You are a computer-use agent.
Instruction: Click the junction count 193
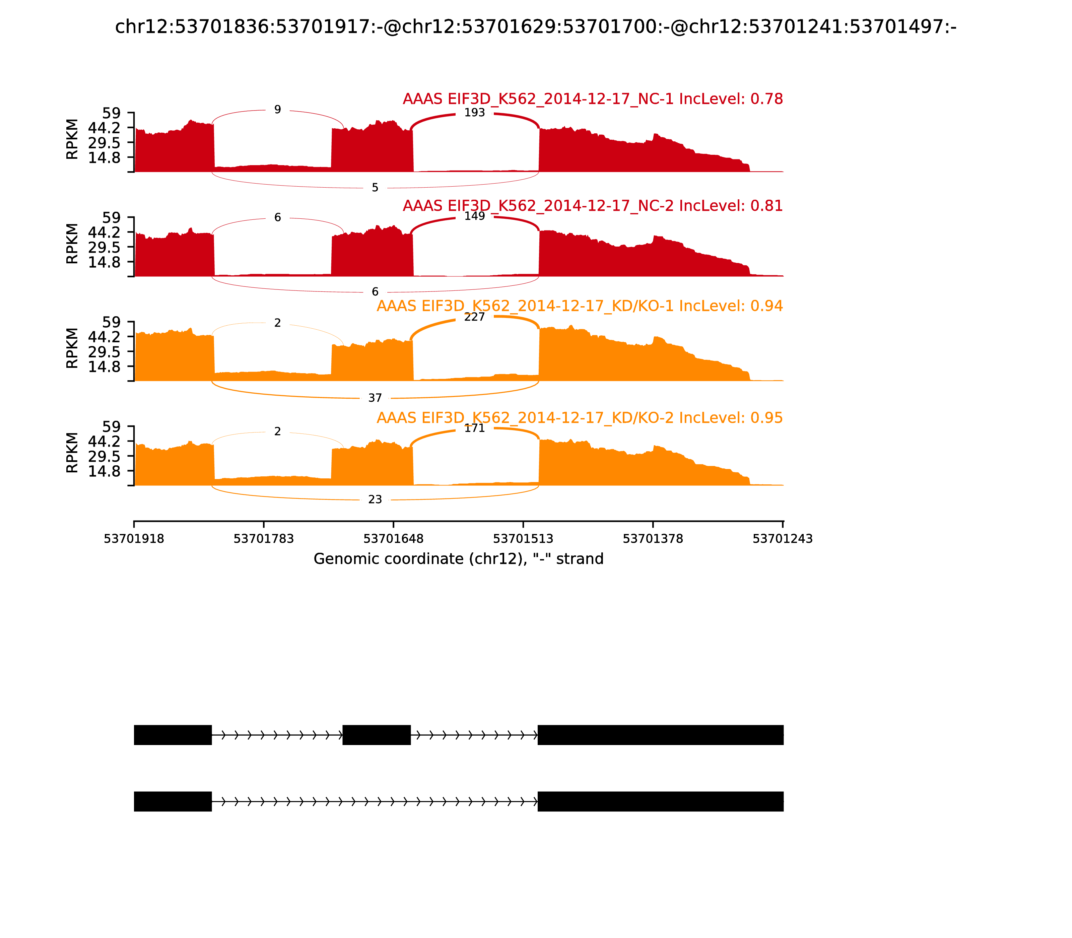point(474,113)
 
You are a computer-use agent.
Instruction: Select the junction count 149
point(474,216)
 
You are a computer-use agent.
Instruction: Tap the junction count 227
point(474,317)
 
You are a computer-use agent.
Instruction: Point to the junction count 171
point(474,428)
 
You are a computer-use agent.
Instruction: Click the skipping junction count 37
point(375,398)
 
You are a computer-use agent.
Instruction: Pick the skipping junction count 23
point(375,500)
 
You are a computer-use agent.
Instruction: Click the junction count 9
point(277,110)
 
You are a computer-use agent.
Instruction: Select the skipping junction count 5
point(375,188)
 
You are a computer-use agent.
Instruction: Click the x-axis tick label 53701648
point(393,539)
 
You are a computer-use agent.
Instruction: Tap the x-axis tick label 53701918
point(134,539)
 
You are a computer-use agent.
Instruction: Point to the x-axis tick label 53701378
point(653,539)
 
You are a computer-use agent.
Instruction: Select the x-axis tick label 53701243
point(783,539)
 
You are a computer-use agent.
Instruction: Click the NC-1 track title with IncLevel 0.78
point(593,99)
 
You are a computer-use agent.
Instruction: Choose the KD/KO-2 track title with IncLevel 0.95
point(580,418)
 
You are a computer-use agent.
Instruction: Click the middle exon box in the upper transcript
point(376,735)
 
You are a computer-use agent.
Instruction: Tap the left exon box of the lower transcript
point(173,801)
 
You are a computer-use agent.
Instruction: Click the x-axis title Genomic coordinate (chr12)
point(459,559)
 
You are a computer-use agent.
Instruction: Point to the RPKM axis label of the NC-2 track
point(72,244)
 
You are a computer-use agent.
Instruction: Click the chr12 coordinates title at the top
point(535,27)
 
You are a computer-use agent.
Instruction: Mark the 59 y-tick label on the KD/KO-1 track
point(112,322)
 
